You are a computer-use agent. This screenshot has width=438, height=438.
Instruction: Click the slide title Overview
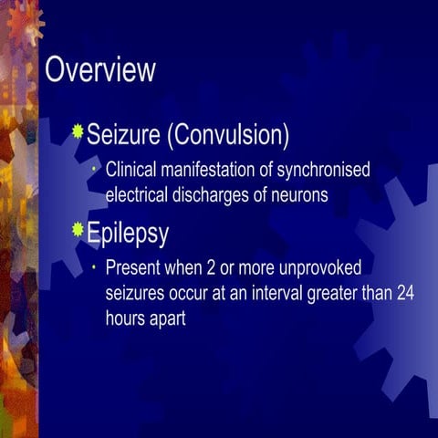[x=100, y=70]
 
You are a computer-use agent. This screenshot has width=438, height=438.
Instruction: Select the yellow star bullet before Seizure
[x=78, y=133]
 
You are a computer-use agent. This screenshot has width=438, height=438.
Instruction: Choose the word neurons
[x=302, y=193]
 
